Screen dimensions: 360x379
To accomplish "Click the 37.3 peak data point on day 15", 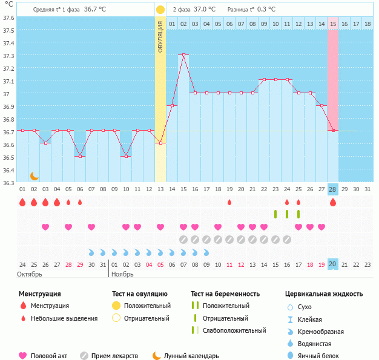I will tap(183, 55).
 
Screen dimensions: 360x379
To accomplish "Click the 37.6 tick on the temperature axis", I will tap(8, 18).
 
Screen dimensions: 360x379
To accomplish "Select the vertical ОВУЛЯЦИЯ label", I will tap(160, 36).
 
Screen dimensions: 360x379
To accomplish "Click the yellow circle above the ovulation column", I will tap(160, 10).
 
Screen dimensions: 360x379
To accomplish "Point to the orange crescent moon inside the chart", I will tap(35, 175).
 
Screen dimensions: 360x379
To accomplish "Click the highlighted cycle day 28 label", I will tap(333, 189).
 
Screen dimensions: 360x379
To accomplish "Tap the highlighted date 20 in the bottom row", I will tap(333, 264).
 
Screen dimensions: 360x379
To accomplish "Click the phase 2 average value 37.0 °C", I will tap(204, 10).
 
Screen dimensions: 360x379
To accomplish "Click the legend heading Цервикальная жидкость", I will tap(324, 294).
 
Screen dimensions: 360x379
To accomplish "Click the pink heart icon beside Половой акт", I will tap(23, 356).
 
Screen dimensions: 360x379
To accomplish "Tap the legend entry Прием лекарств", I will tap(114, 356).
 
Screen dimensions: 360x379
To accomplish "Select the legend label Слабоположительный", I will tap(234, 330).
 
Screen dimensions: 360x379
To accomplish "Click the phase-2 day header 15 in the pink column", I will tap(333, 24).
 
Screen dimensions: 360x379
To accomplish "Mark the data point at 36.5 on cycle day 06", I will tap(80, 156).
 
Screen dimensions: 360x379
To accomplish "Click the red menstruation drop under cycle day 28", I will tap(333, 203).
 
